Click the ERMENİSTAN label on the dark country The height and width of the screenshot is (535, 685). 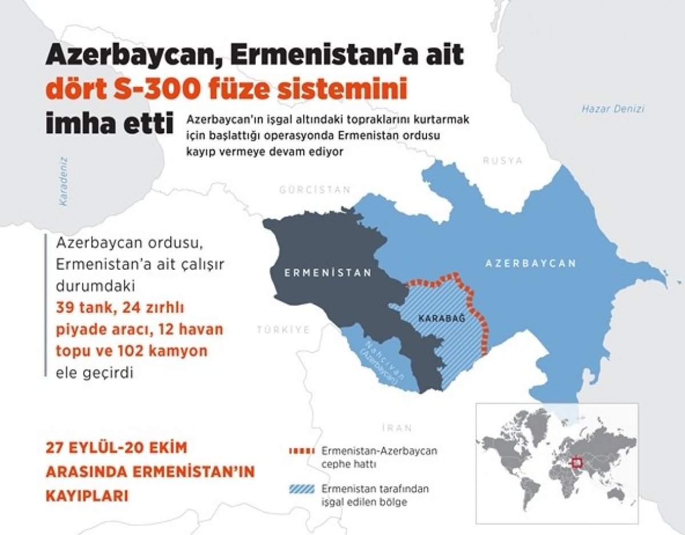click(x=328, y=273)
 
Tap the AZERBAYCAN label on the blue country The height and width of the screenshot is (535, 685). click(x=530, y=263)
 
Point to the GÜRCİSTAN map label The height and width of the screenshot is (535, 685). click(x=313, y=190)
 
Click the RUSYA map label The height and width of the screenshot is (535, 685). click(x=502, y=161)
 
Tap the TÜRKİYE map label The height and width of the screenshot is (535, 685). click(x=283, y=330)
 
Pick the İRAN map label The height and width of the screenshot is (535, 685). click(x=394, y=427)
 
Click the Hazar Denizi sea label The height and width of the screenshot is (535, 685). click(x=613, y=109)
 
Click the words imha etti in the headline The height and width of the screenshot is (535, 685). click(x=110, y=122)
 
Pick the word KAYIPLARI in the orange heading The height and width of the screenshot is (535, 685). click(x=86, y=495)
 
